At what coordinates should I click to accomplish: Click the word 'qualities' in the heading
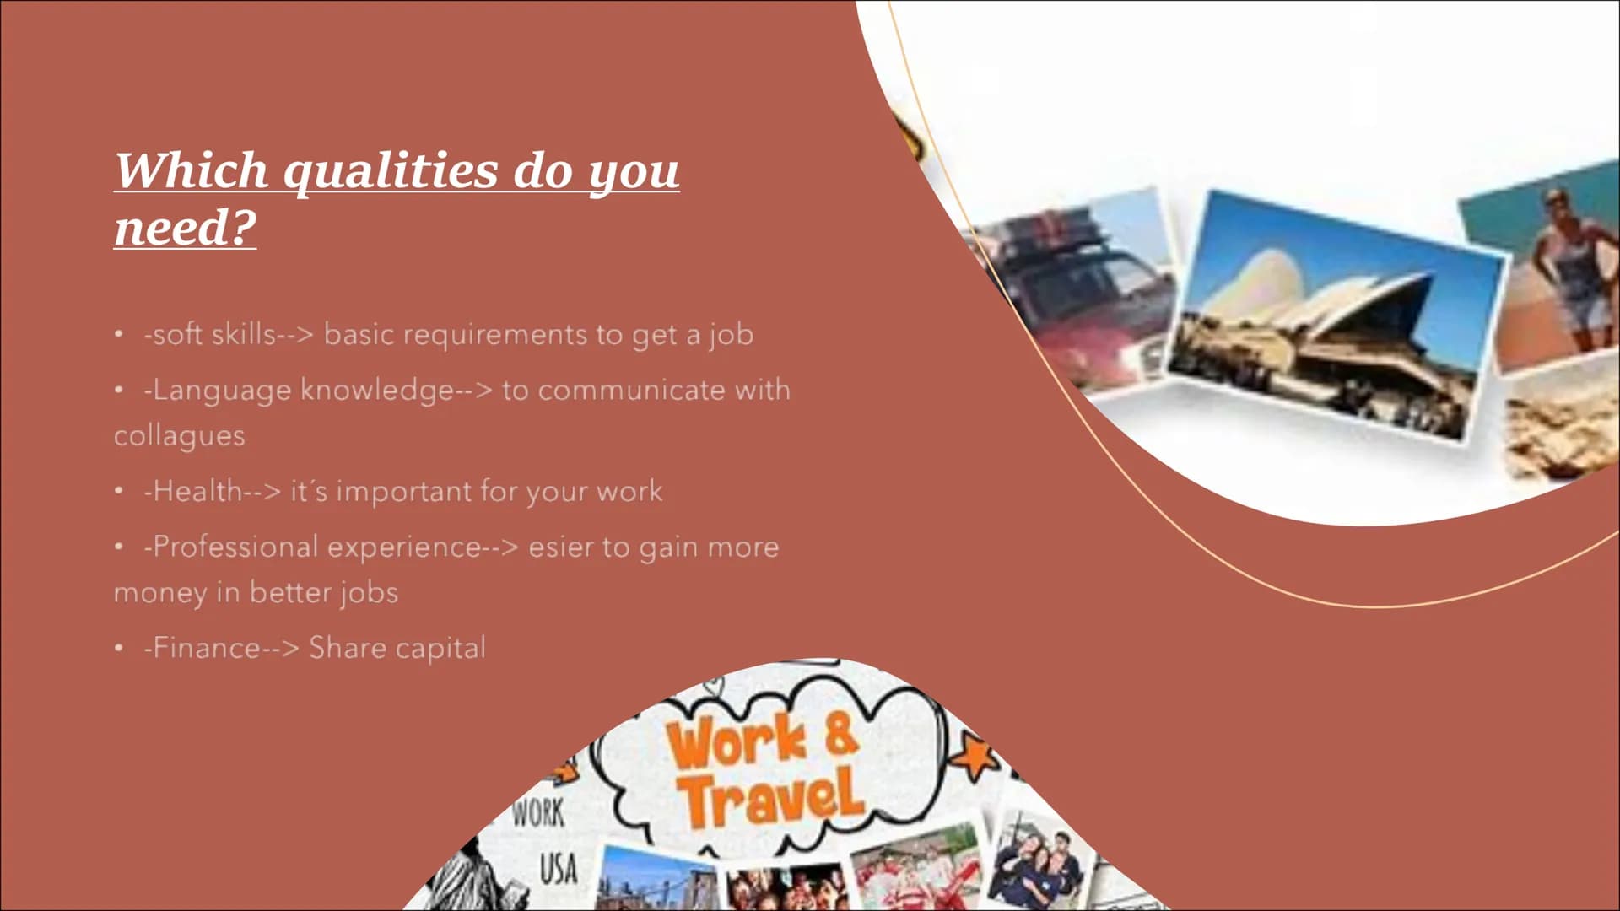391,172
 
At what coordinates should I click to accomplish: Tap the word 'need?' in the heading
185,227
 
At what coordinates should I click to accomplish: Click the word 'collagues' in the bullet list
180,436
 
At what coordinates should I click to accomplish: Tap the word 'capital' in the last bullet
440,649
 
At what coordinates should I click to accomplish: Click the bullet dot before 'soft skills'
119,335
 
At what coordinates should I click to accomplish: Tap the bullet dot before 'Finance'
119,648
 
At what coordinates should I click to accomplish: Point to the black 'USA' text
558,869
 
